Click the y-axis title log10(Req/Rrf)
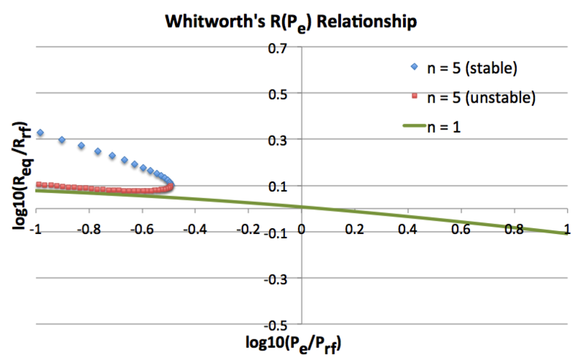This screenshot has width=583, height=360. point(19,186)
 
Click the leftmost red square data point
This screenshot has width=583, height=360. point(39,184)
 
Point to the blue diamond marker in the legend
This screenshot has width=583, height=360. point(413,69)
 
